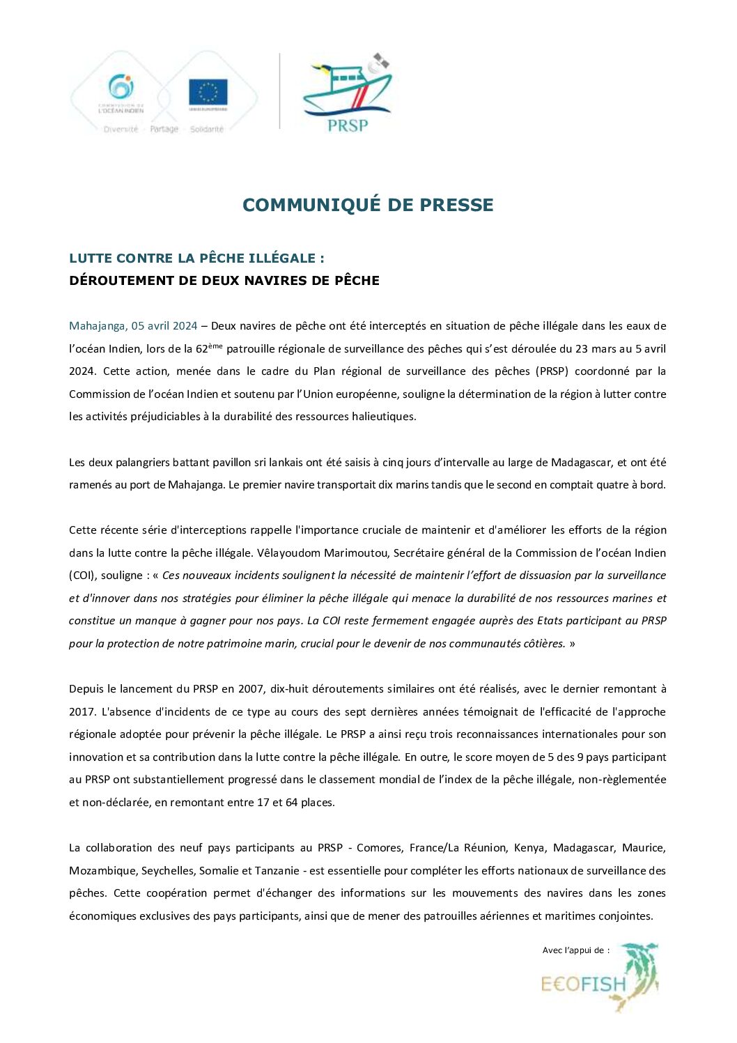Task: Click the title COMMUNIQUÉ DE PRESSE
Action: click(368, 205)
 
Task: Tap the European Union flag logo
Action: click(208, 91)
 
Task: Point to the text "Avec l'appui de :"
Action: click(575, 950)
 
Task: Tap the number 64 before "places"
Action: click(291, 803)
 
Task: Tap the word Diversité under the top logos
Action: click(121, 130)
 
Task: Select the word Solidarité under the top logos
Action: click(207, 130)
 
